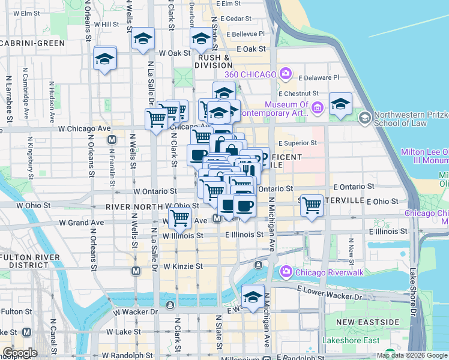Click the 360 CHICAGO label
[250, 74]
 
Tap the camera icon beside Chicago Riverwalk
[286, 272]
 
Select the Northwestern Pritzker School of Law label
[400, 119]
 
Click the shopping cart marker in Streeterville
[312, 206]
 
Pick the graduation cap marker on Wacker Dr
[253, 296]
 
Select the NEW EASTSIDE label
[367, 322]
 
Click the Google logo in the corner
[19, 353]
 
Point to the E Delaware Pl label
[319, 77]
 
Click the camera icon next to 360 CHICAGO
[286, 74]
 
